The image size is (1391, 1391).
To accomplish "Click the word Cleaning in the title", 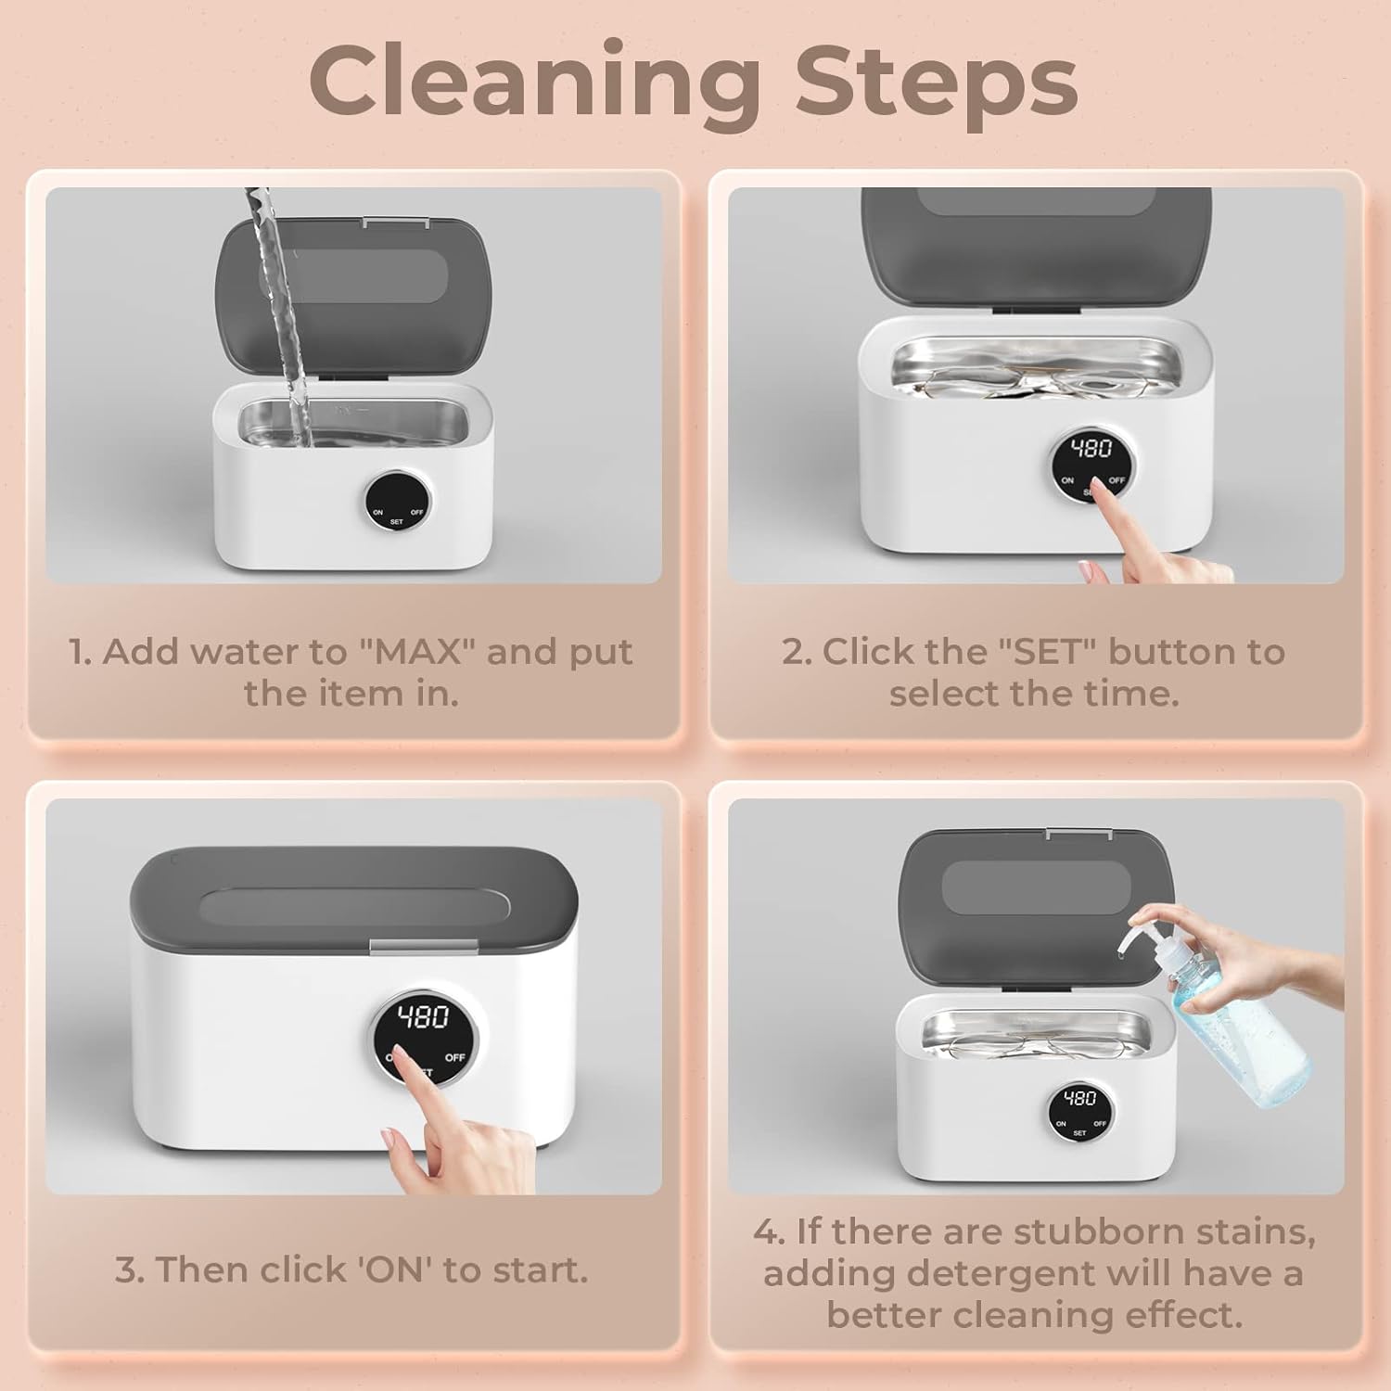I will point(534,82).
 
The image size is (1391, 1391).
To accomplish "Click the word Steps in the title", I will point(936,82).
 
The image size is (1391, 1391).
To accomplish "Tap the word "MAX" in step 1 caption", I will point(415,652).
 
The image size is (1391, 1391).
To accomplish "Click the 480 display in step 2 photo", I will point(1091,450).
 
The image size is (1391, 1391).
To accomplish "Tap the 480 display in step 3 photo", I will point(424,1017).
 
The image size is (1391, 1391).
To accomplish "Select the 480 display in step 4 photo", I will point(1079,1099).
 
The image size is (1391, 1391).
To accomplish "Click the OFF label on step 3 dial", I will point(454,1057).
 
